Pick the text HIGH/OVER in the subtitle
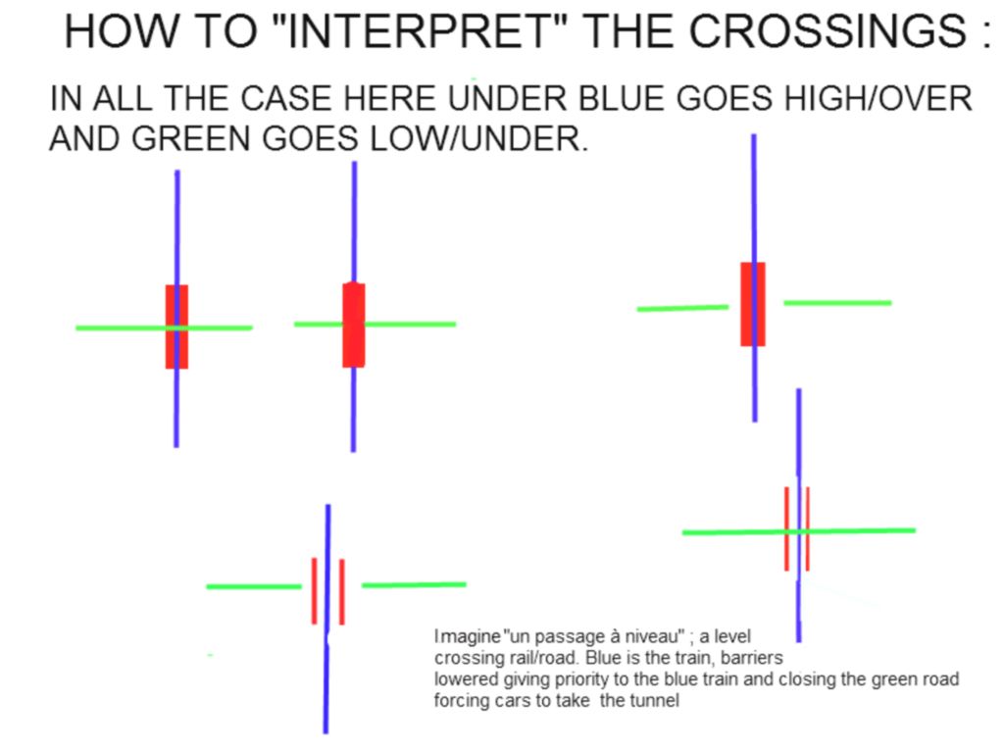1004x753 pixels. click(878, 99)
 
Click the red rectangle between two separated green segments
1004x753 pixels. click(753, 304)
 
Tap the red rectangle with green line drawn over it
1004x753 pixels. click(176, 326)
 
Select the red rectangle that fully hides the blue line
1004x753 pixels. click(353, 325)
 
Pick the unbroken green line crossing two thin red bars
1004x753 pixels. click(798, 531)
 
